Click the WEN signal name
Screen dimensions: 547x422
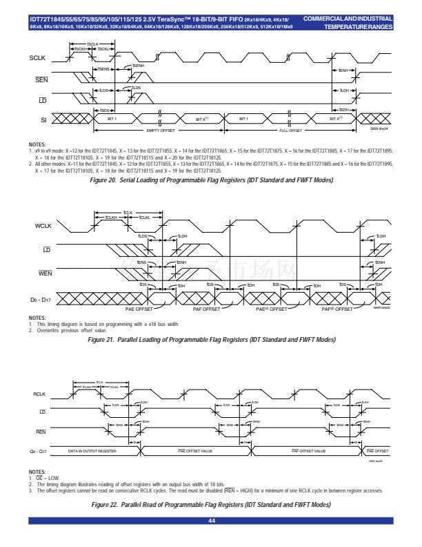pyautogui.click(x=45, y=273)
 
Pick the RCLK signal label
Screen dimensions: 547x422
pyautogui.click(x=39, y=394)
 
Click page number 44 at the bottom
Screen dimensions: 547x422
pyautogui.click(x=211, y=530)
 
